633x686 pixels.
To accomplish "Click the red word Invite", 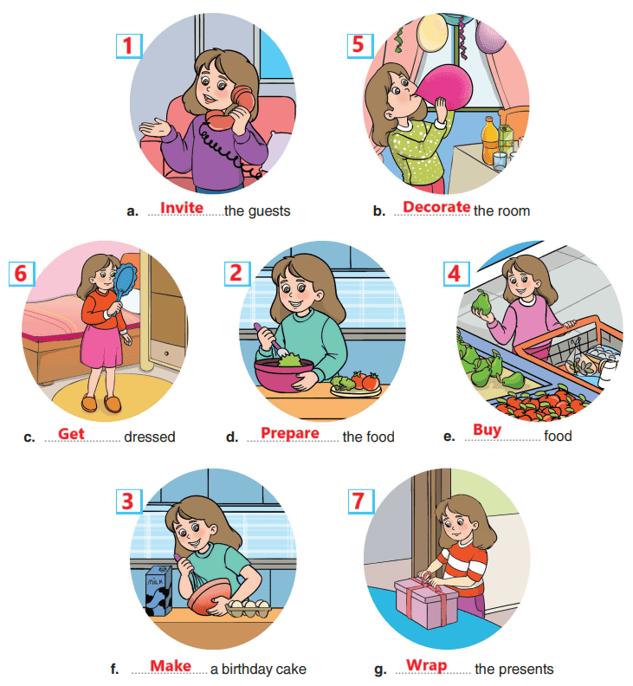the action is point(182,207).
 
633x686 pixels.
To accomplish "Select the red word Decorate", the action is point(436,206).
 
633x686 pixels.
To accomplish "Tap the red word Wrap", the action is point(427,665).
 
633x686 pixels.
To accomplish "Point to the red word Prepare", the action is point(290,433).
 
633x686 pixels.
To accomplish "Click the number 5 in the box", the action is point(359,46).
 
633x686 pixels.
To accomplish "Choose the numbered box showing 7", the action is point(361,502).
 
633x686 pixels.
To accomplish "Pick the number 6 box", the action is point(22,274).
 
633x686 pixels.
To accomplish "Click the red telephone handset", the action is point(232,109).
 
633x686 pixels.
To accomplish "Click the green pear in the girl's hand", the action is point(482,303).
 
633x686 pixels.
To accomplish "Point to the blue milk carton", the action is point(158,591).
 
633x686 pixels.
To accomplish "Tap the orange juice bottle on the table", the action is point(490,139).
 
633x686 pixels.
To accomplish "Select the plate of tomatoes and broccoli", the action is point(355,384).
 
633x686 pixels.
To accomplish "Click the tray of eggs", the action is point(249,608).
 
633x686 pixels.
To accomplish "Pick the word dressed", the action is point(150,437).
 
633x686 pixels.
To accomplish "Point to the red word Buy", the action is point(487,430).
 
